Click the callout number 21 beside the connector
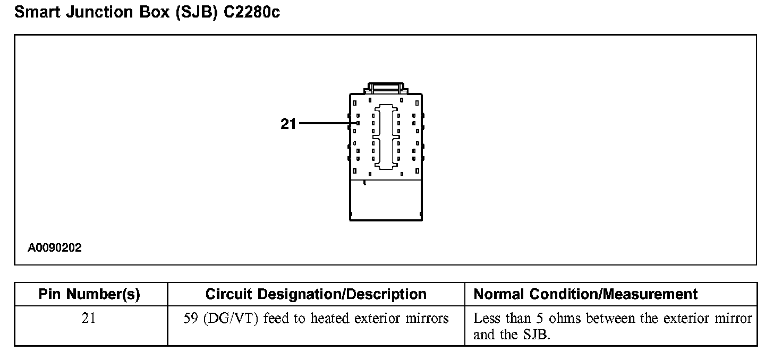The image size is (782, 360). (x=288, y=124)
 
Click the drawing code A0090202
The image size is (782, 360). (x=55, y=248)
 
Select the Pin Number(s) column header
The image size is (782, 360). (x=89, y=294)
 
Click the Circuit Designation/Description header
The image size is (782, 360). (x=316, y=294)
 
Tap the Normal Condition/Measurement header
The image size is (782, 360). (x=585, y=294)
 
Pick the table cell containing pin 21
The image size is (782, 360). (x=89, y=319)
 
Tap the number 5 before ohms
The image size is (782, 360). (x=537, y=319)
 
